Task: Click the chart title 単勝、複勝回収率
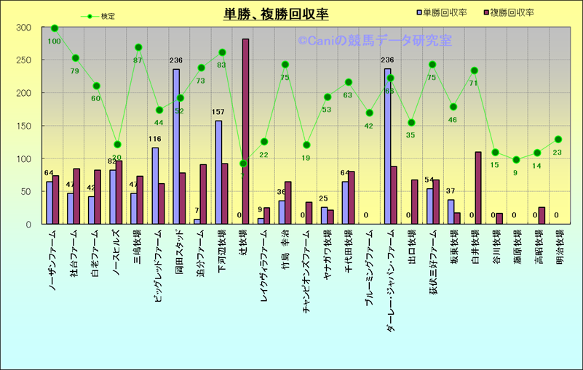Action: click(276, 14)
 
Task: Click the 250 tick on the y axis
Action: click(25, 60)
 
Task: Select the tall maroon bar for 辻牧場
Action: click(245, 131)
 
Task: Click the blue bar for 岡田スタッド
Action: click(176, 146)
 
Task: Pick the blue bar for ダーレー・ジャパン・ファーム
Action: click(387, 146)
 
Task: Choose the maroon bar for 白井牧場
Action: click(478, 188)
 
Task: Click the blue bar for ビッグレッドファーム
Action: click(155, 185)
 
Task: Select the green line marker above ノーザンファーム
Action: click(55, 28)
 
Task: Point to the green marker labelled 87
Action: click(138, 47)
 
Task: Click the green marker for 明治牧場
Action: click(558, 139)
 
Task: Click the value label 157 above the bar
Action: click(218, 112)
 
